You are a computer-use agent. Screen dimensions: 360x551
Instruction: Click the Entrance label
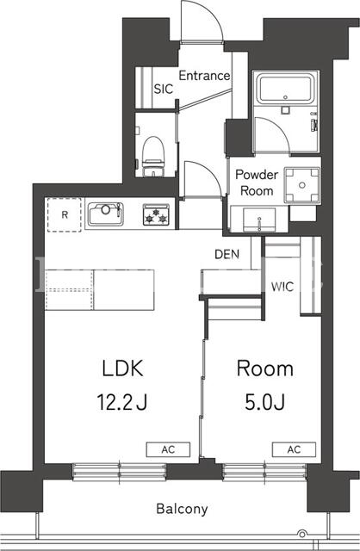(204, 76)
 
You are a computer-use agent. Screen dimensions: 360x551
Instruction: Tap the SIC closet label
(164, 89)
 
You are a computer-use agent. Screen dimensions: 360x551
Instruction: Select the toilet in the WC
(153, 156)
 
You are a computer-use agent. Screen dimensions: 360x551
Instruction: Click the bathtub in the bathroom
(285, 89)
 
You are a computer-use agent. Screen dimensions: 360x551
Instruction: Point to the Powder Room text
(257, 183)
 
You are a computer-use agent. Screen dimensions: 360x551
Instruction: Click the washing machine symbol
(302, 185)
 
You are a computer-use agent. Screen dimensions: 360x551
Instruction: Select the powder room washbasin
(259, 220)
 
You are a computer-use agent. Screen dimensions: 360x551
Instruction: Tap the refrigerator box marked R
(65, 214)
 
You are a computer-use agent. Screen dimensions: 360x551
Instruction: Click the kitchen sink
(105, 214)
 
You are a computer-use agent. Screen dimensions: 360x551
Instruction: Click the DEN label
(227, 254)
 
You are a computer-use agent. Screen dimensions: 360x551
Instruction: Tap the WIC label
(282, 287)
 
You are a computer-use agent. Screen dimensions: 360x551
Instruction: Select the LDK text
(122, 368)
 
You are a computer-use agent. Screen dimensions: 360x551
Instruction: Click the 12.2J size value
(121, 402)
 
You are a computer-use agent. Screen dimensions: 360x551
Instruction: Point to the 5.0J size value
(264, 402)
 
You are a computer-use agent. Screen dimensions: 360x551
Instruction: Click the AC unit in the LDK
(168, 449)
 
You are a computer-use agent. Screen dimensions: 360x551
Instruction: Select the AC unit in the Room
(294, 449)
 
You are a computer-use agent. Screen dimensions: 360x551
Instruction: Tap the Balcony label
(182, 509)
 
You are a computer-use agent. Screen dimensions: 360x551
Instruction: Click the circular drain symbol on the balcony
(301, 533)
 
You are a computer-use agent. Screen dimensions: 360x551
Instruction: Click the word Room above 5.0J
(265, 368)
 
